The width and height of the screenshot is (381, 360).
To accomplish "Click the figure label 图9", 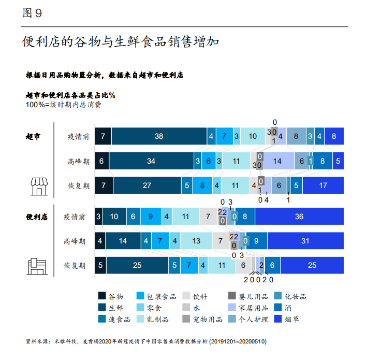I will (32, 14).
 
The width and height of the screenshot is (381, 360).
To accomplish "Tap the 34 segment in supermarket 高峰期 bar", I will (151, 161).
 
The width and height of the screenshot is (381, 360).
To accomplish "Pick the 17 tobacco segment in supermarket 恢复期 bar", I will (324, 185).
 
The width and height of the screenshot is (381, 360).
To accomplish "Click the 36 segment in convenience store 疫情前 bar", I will (299, 217).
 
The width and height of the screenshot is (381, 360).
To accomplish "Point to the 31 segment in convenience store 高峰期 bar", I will (305, 241).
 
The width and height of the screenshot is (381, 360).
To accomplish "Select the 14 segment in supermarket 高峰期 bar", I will (277, 161).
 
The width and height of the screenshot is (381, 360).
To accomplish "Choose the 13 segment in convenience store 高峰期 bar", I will (196, 241).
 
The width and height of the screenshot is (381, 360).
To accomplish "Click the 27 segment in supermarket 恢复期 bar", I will (146, 185).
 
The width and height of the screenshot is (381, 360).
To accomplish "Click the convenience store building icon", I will (36, 266).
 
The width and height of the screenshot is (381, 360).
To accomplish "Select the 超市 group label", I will (33, 137).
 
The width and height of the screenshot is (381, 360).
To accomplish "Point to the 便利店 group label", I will (36, 217).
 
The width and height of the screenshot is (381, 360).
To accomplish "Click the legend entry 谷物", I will (111, 296).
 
